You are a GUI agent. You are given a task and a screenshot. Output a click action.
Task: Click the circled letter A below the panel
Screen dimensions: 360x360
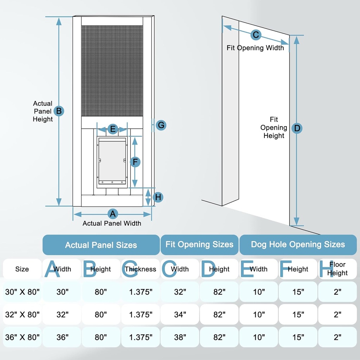tap(112, 214)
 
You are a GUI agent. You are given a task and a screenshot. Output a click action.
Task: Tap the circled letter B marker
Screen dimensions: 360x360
tap(59, 111)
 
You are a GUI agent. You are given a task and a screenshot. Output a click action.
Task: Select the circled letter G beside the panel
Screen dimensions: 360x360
tap(161, 125)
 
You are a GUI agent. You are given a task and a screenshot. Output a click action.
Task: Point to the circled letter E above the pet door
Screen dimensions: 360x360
tap(112, 129)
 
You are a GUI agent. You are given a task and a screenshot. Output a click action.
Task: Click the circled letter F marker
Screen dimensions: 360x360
tap(135, 162)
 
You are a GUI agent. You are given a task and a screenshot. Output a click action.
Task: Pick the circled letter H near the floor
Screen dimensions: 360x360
tap(158, 197)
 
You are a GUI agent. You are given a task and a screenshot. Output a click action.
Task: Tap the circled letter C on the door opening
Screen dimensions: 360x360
tap(256, 35)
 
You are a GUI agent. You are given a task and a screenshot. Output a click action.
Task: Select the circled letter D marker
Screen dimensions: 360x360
tap(297, 128)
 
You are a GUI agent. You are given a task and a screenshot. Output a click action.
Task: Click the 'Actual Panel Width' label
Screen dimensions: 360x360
tap(112, 223)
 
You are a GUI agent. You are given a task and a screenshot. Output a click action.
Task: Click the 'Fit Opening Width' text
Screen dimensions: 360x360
tap(255, 48)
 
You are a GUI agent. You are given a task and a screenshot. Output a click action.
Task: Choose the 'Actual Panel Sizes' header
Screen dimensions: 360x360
tap(101, 245)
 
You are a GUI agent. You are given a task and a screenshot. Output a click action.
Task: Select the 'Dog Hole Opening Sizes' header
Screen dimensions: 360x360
tap(298, 245)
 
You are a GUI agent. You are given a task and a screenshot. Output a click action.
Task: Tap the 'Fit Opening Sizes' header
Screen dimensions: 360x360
tap(199, 245)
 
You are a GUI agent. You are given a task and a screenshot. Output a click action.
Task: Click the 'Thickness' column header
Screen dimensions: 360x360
tap(140, 269)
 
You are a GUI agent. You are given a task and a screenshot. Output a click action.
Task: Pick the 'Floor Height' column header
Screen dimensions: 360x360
tap(337, 269)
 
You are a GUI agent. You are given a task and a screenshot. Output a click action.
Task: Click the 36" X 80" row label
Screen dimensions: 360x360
tap(22, 337)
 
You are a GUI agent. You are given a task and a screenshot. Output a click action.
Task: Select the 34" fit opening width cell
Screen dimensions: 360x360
tap(180, 314)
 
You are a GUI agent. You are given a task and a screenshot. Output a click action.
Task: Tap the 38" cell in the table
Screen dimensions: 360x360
tap(180, 337)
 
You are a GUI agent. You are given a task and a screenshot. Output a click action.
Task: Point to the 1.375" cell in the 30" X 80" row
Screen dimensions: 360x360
tap(140, 292)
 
